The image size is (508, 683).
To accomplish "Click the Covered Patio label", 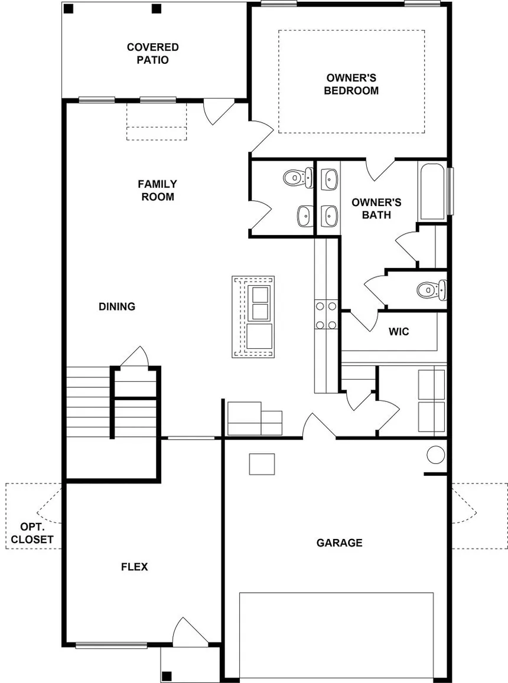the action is point(152,53).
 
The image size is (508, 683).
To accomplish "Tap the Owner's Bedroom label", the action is point(351,84).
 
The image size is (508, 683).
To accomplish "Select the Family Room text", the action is point(157,190).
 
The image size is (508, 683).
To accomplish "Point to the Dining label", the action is point(117,306).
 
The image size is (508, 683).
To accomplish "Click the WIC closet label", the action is point(399,332).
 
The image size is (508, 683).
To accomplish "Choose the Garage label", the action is point(339,543).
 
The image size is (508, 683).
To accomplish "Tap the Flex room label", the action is point(134,567).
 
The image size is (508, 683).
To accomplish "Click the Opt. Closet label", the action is point(32,533).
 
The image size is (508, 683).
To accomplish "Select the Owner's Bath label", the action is point(376,208).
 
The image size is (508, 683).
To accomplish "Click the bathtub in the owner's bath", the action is point(432,191).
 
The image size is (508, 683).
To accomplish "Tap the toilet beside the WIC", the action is point(432,290).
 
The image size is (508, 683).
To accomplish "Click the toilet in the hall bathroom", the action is point(298,178).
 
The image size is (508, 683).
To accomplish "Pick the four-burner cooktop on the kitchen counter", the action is point(326,315).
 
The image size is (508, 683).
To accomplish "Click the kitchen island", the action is point(253,316).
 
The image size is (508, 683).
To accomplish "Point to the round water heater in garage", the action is point(435,455).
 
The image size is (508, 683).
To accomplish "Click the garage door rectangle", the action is point(336,636).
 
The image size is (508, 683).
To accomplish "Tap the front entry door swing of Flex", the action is point(190,631).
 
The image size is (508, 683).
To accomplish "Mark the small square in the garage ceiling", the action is point(262,464).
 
